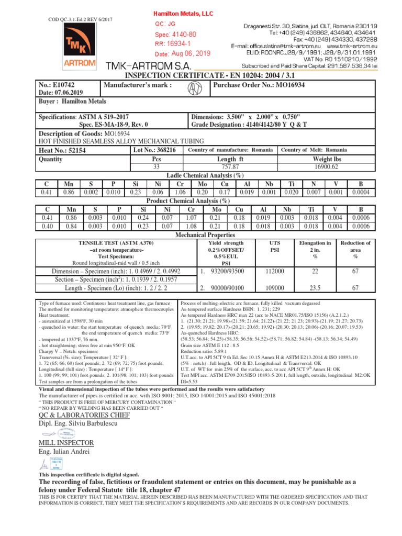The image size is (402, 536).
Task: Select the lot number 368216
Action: coord(165,150)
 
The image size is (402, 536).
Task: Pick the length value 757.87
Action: coord(227,166)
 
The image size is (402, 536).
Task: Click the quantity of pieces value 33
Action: coord(156,166)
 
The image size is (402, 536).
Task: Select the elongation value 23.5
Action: coord(315,288)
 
